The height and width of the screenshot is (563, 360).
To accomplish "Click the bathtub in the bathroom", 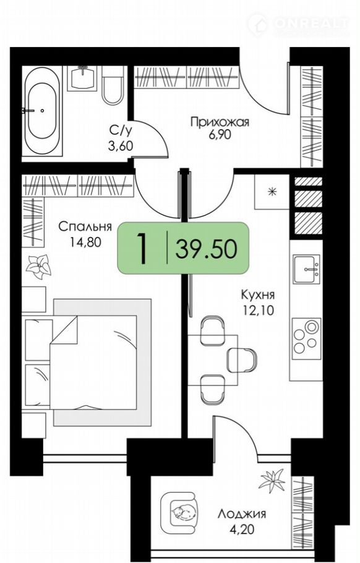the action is tap(42, 111).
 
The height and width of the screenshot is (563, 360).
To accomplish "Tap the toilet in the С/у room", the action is tap(113, 85).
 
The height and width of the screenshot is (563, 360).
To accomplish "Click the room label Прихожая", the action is tap(220, 122).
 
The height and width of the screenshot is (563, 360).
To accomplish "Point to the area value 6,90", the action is tap(220, 135).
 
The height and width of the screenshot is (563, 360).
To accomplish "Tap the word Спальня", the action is tap(85, 226).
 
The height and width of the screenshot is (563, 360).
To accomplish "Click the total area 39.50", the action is tap(206, 249).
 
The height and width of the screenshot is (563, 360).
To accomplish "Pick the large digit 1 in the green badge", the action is tap(143, 249).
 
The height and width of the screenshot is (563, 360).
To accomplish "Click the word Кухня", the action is tap(257, 295).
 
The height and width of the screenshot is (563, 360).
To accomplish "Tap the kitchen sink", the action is tap(306, 269).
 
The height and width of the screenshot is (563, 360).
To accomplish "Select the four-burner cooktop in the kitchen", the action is tap(306, 339).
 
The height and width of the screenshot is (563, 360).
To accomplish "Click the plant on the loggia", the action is tap(272, 481).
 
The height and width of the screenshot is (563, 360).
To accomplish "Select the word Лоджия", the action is tap(242, 514).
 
